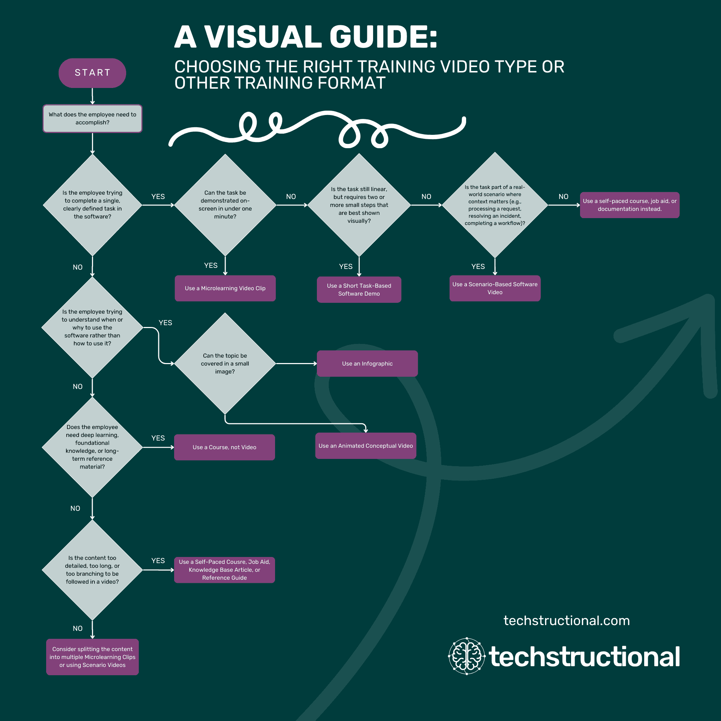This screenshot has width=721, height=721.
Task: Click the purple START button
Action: coord(92,73)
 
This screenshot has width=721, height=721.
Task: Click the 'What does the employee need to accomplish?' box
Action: coord(92,118)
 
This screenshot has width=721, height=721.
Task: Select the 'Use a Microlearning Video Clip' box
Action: coord(225,288)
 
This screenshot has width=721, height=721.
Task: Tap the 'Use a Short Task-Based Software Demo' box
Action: coord(359,289)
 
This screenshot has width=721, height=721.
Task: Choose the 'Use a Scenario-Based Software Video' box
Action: coord(495,288)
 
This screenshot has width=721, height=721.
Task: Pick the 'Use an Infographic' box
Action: coord(367,363)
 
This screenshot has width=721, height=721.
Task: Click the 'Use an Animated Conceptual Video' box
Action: coord(365,445)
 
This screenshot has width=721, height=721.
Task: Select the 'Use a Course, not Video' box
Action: coord(224,447)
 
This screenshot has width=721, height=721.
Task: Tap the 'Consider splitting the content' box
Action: coord(92,656)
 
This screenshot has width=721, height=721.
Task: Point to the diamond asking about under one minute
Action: coord(225,204)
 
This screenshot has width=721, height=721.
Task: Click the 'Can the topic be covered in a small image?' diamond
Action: coord(225,363)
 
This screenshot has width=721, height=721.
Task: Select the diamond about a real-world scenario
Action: coord(495,204)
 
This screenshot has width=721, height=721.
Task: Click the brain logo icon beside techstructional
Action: coord(466,656)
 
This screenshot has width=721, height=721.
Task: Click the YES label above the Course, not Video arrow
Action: coord(158,438)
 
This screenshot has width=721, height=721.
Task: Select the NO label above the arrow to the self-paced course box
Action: coord(563,196)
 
